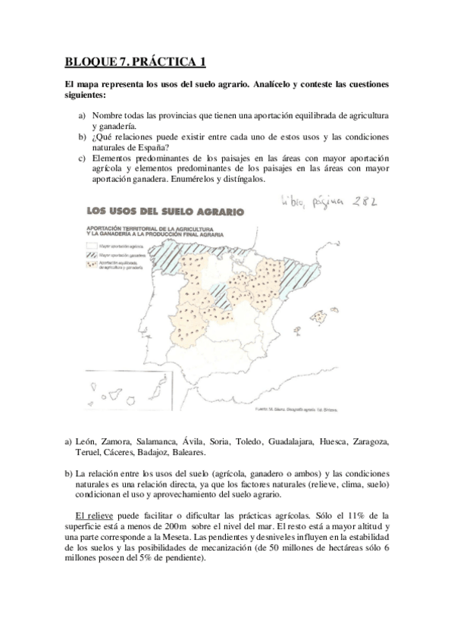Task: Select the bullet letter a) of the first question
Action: coord(82,115)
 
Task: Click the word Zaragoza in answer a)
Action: coord(368,441)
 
